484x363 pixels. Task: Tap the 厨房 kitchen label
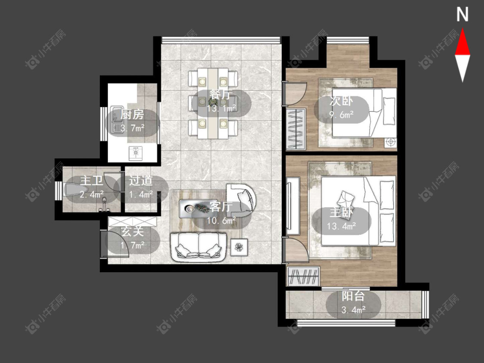click(132, 114)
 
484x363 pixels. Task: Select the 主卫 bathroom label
click(91, 181)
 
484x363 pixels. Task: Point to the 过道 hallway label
click(141, 181)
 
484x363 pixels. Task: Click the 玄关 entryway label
click(133, 231)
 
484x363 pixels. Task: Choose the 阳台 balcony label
click(354, 296)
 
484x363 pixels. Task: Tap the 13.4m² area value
click(342, 226)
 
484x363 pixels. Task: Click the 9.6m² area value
click(342, 115)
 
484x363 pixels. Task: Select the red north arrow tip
click(462, 29)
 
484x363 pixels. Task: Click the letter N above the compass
click(462, 15)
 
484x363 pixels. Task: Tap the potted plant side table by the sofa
click(239, 247)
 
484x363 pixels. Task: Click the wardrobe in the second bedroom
click(296, 129)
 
